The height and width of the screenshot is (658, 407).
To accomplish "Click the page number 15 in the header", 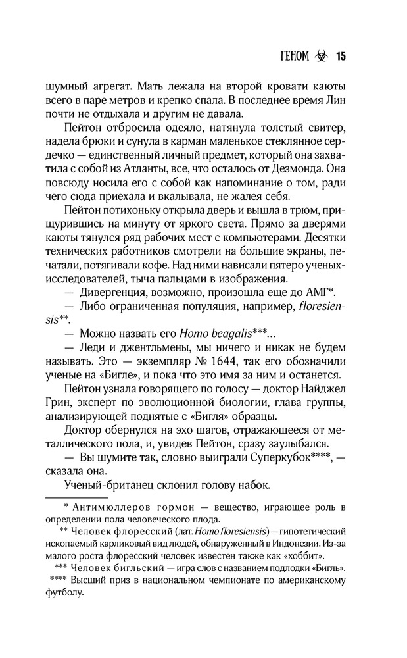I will click(x=340, y=55).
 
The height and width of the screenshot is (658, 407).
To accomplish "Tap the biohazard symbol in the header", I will click(x=320, y=55).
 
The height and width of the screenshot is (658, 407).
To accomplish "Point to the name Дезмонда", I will click(x=311, y=169).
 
